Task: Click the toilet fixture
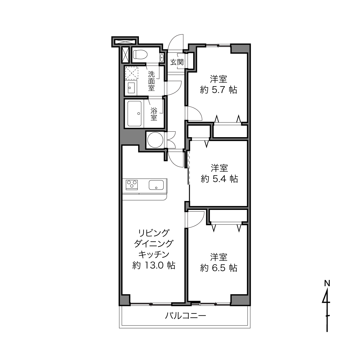point(140,54)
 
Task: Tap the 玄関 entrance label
point(177,62)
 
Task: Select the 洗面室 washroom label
point(152,81)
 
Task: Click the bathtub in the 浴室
point(135,114)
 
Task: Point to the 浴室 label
point(154,114)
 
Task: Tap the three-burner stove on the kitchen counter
point(132,185)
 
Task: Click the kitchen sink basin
point(156,185)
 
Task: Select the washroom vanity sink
point(131,88)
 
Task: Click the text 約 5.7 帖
point(219,90)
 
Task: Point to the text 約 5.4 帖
point(219,179)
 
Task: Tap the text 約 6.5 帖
point(219,268)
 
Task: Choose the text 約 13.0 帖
point(154,265)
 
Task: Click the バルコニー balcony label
point(185,316)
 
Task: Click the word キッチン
point(154,254)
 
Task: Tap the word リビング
point(154,233)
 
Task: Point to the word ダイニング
point(154,244)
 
